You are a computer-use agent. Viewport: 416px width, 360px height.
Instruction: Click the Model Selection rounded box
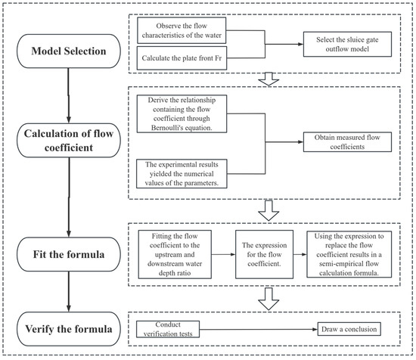(x=69, y=51)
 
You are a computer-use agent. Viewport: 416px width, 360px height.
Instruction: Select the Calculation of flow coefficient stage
(x=69, y=141)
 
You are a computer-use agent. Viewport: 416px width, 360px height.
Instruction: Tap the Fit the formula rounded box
(x=69, y=254)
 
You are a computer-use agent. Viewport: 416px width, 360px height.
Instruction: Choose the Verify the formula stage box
(x=69, y=329)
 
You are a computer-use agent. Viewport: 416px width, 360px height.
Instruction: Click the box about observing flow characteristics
(x=182, y=30)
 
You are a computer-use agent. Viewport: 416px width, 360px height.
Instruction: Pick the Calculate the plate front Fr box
(x=182, y=58)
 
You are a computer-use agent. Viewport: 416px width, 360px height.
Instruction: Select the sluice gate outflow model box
(x=348, y=45)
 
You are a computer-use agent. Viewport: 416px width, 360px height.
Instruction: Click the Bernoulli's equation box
(x=182, y=113)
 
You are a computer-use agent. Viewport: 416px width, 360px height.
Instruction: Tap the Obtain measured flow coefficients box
(x=348, y=142)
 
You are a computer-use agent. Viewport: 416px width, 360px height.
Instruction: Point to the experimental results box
(x=182, y=174)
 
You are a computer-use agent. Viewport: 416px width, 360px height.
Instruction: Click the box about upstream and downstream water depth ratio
(x=175, y=254)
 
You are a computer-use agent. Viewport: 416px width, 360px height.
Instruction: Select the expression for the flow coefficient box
(x=264, y=254)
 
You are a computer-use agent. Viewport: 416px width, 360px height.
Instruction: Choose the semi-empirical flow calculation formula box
(x=349, y=254)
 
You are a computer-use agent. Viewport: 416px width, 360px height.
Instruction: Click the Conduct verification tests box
(x=168, y=329)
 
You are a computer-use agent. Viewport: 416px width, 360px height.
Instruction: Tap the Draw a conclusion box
(x=349, y=329)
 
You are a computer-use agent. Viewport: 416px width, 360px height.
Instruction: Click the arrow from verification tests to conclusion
(x=259, y=330)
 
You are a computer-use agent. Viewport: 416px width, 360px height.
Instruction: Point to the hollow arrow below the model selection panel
(x=269, y=79)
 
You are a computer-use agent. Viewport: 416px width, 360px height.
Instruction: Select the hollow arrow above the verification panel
(x=269, y=299)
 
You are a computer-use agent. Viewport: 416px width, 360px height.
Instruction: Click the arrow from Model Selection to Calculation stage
(x=68, y=95)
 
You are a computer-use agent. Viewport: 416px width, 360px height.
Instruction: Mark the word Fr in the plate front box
(x=219, y=58)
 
